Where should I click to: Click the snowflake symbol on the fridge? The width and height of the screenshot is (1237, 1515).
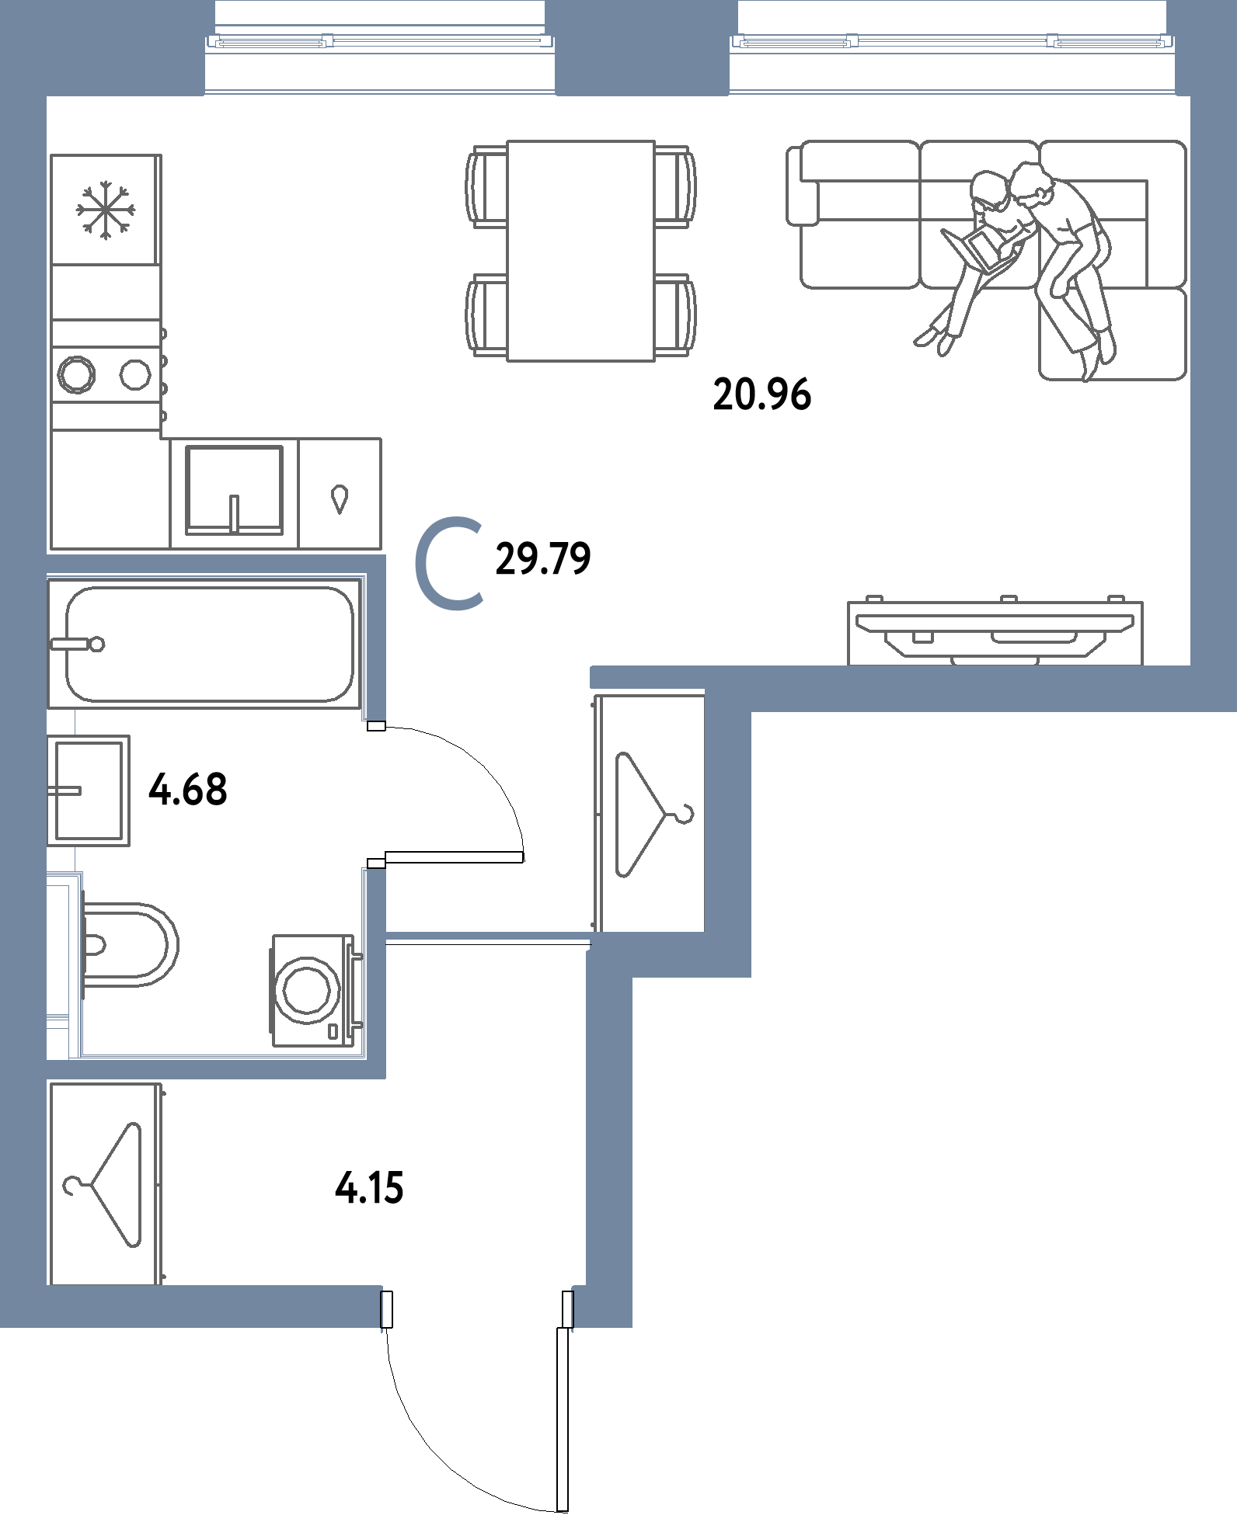[x=106, y=208]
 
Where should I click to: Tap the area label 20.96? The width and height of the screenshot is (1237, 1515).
[x=761, y=395]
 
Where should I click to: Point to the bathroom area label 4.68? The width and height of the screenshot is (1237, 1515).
[x=188, y=791]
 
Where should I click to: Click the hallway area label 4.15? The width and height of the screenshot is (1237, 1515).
[x=369, y=1187]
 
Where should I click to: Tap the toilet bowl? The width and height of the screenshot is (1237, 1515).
[x=128, y=944]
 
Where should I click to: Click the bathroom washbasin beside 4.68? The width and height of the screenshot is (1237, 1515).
[x=89, y=790]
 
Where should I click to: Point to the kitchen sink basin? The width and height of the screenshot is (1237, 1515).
[x=234, y=489]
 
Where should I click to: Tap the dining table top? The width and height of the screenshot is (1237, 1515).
[x=580, y=250]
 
